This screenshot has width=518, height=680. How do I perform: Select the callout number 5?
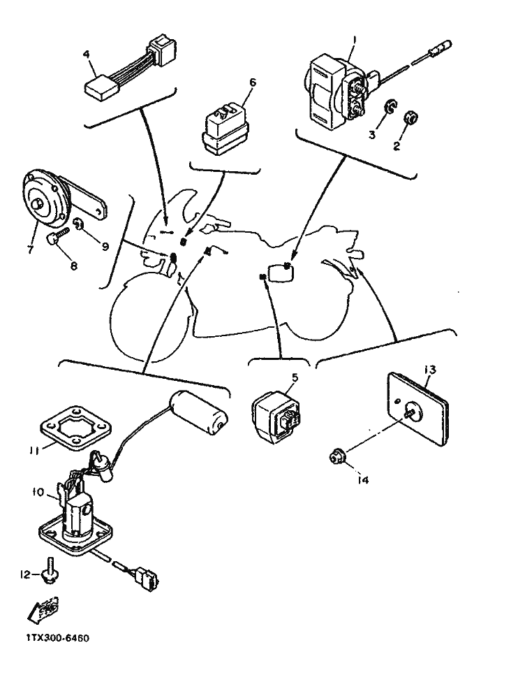[295, 377]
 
